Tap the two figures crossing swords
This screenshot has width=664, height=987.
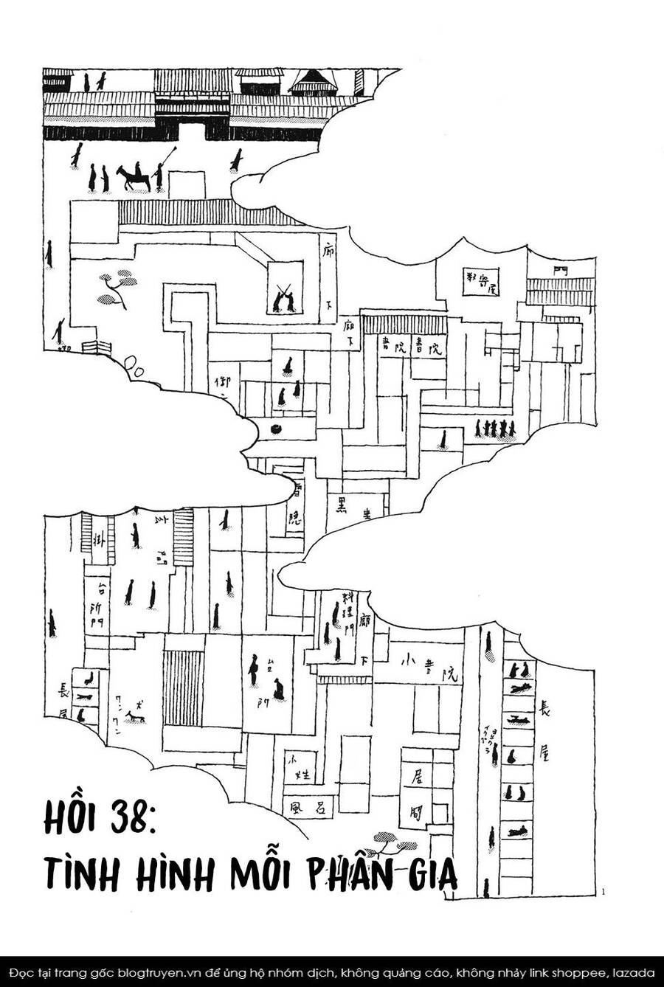tap(285, 297)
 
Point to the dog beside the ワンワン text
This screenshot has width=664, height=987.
tap(134, 716)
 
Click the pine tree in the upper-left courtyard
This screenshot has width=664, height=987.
tap(114, 288)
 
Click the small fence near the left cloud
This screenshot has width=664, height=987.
tap(97, 347)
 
